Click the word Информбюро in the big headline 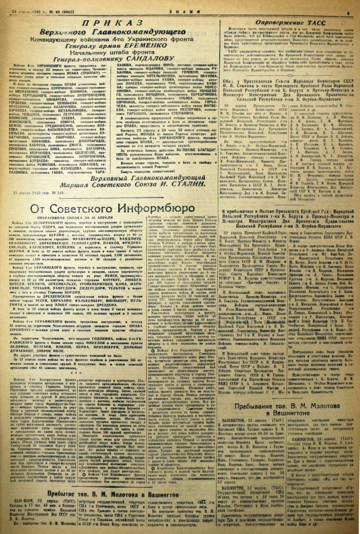click(155, 193)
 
